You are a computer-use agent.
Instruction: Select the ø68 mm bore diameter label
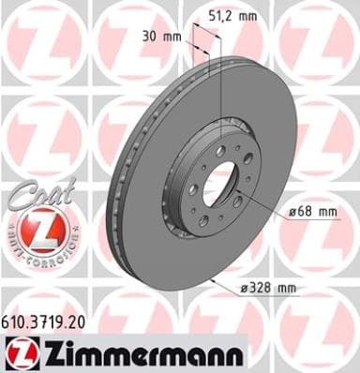pyautogui.click(x=312, y=212)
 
